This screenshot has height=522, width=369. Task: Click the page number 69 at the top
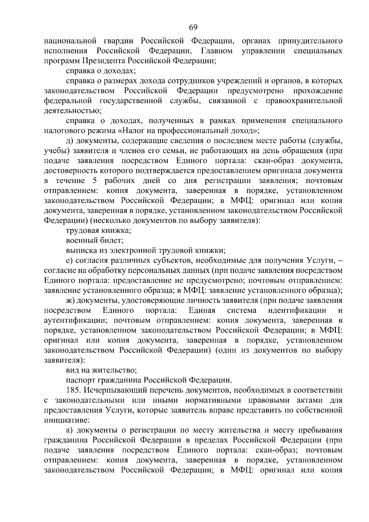[193, 27]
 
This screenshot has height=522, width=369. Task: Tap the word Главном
[217, 50]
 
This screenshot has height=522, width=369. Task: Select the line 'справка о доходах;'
[101, 71]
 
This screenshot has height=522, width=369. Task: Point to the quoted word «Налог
[131, 131]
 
